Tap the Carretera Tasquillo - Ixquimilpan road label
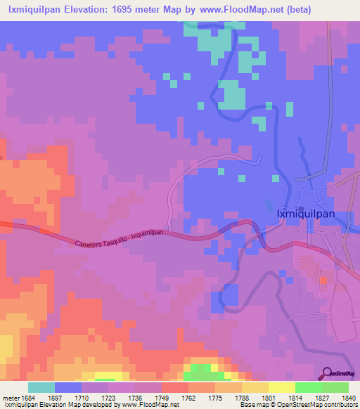119,238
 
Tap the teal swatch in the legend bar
41,387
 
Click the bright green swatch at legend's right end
335,387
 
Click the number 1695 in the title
124,10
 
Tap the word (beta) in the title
276,10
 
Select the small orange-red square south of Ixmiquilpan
324,280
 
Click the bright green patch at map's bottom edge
201,368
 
